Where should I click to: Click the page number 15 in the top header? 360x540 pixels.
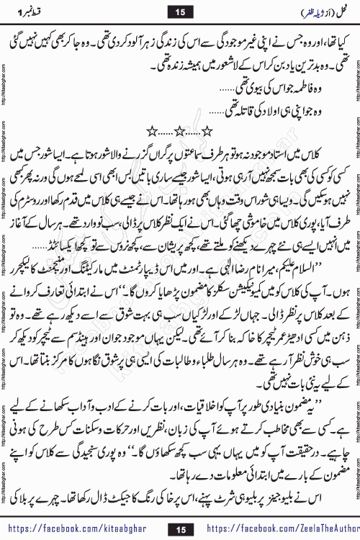[x=180, y=11]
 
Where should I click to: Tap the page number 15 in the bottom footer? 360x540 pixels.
[x=180, y=529]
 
